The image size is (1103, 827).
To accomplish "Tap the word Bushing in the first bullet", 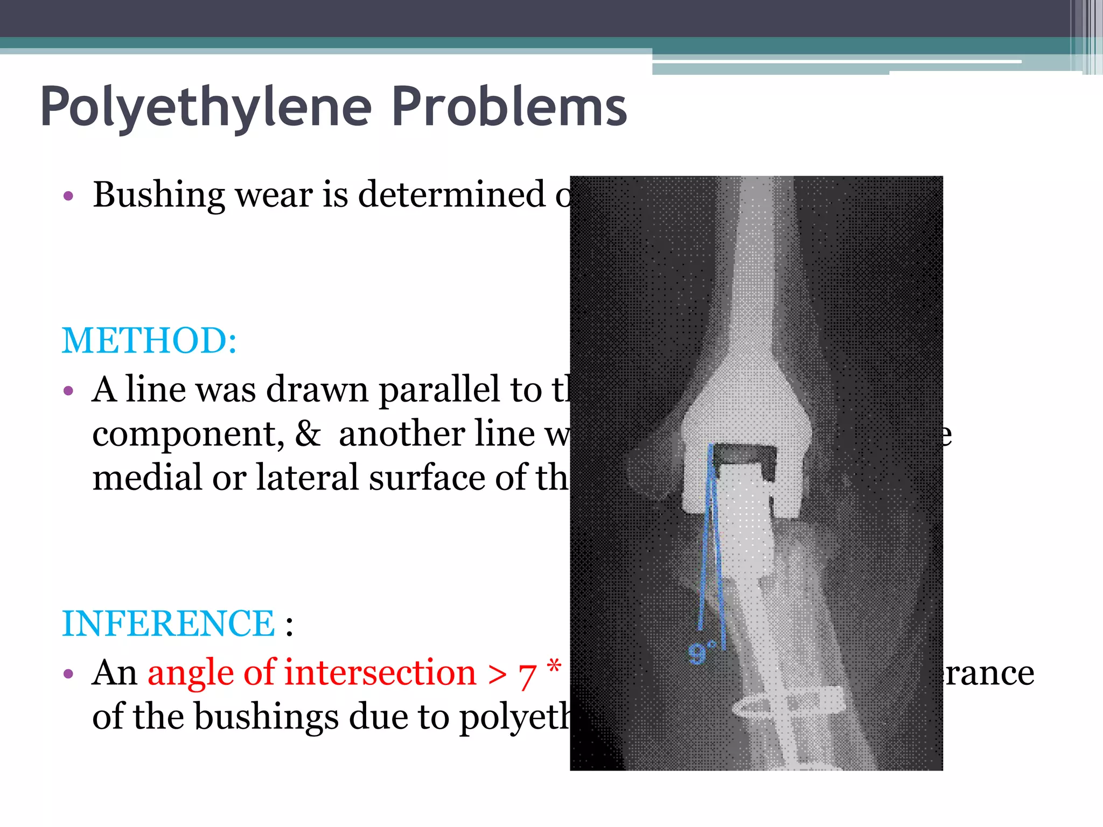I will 158,195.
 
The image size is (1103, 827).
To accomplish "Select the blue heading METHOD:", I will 149,341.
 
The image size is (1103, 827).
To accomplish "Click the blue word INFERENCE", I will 168,623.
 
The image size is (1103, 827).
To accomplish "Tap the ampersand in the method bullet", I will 308,433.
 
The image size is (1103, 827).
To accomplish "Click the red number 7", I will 528,675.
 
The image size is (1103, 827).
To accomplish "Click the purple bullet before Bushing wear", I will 68,196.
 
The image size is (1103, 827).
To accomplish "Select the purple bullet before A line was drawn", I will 68,390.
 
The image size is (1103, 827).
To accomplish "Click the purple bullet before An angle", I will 68,674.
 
